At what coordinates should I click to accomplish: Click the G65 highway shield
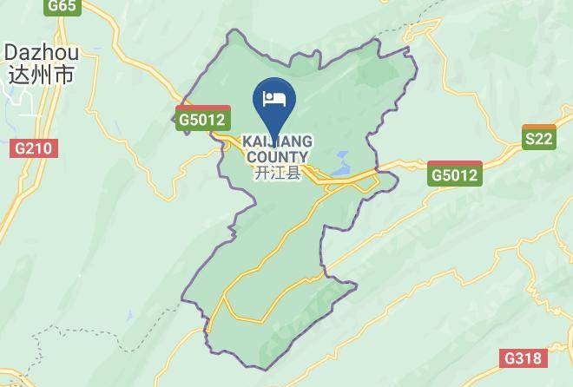63,6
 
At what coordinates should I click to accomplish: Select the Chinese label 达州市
40,75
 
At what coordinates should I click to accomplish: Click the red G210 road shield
34,148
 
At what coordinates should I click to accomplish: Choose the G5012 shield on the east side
455,175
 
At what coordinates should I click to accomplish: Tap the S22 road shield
539,138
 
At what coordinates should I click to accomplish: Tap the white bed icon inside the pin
274,98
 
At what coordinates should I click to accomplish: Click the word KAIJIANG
277,141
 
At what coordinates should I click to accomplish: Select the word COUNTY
277,157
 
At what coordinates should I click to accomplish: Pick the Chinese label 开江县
277,173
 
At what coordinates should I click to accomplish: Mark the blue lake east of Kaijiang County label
339,161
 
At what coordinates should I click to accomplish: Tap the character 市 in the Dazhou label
63,75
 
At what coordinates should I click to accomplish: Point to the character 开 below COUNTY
262,173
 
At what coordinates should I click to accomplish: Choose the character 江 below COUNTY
277,173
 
